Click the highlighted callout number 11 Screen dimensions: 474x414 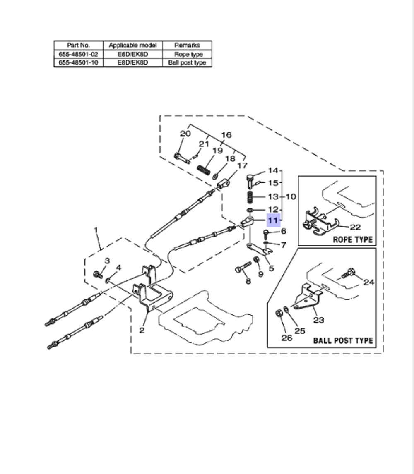coord(273,220)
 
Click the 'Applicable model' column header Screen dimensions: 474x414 coord(132,45)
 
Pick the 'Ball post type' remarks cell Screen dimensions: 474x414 coord(187,63)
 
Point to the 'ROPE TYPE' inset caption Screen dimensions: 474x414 coord(352,239)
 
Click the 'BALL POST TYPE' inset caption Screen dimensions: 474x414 coord(343,341)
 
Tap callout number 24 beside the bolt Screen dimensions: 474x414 coord(368,282)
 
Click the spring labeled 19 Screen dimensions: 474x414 coord(203,170)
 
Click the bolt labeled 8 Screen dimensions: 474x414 coord(243,267)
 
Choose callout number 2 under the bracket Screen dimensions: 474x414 coord(142,330)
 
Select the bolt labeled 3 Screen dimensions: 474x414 coord(98,273)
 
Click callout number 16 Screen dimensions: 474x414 coord(226,135)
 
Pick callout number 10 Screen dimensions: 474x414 coord(291,196)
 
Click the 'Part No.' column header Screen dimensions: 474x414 coord(79,45)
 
